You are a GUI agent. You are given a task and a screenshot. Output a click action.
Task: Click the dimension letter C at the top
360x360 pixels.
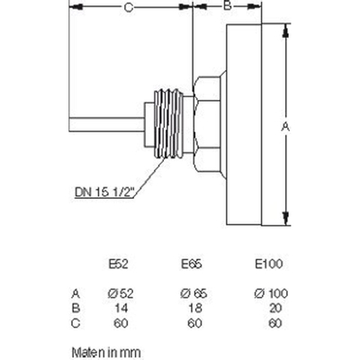coord(130,7)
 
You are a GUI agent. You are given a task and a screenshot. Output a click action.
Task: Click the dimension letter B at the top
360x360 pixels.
coord(228,6)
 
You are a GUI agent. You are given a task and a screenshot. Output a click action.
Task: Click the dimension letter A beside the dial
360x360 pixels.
coord(286,128)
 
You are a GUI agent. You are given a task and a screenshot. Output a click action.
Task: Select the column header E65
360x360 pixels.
coord(191,264)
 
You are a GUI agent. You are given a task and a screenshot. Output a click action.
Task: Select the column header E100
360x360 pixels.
coord(269,264)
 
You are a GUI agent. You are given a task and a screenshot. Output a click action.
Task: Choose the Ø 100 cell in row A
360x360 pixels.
coord(269,292)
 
